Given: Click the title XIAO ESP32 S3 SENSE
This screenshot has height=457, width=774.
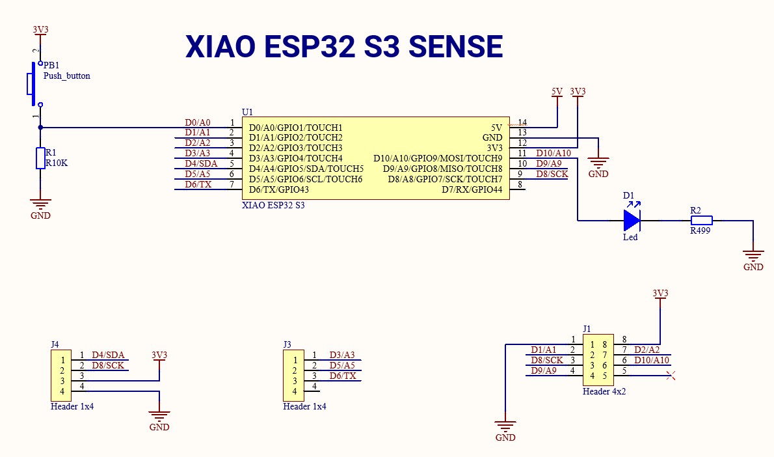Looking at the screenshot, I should (344, 47).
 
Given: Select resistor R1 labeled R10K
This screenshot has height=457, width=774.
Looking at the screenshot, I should (40, 158).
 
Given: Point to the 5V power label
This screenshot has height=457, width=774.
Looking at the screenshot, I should (557, 92).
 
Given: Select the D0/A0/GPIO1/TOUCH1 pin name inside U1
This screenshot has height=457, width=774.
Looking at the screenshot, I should (295, 128).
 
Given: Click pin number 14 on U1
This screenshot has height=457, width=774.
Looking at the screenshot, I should (522, 122).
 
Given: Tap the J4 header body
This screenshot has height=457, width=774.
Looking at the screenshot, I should (61, 376).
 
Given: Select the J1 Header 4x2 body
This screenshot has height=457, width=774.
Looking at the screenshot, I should (598, 360).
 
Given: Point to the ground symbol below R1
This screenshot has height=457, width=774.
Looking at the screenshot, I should (40, 205).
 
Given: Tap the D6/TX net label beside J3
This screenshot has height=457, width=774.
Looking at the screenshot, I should (342, 376).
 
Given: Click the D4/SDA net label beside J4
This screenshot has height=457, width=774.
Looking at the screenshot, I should (107, 355).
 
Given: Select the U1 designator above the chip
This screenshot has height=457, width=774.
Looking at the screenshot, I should (247, 113).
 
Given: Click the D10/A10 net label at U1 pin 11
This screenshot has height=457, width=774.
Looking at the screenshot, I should (553, 153).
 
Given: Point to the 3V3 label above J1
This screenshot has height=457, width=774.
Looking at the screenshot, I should (660, 294).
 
